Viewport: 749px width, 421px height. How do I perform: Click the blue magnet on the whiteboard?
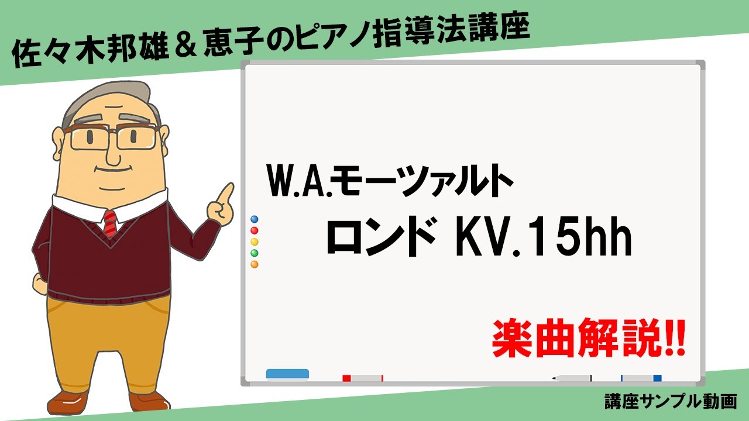[254, 219]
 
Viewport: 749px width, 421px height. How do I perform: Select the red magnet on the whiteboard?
[254, 230]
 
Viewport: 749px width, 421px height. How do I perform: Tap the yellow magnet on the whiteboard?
[254, 241]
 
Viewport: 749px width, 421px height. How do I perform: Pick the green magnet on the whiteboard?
[254, 253]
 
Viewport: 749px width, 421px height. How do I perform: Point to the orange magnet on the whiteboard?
[254, 264]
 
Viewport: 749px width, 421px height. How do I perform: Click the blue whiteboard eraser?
[287, 374]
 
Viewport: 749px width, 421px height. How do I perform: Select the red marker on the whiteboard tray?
[363, 378]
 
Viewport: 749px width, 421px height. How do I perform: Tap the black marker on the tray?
[572, 378]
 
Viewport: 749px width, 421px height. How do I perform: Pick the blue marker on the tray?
[641, 378]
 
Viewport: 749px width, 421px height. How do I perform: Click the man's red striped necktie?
[110, 223]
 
